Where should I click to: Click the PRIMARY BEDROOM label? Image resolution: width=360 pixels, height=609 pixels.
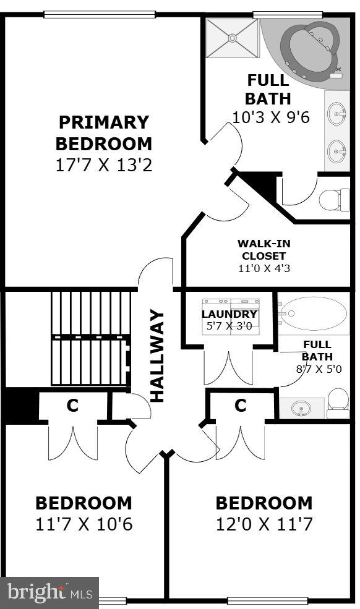(103, 133)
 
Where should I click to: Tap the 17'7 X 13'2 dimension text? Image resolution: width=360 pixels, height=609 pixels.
(103, 166)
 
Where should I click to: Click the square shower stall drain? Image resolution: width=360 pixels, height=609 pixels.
(232, 38)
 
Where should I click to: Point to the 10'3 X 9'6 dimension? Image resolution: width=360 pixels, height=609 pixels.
(270, 117)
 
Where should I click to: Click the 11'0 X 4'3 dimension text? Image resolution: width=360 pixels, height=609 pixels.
(264, 268)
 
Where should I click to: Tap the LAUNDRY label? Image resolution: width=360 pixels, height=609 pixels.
(229, 313)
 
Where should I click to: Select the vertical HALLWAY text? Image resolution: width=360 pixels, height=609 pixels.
(158, 356)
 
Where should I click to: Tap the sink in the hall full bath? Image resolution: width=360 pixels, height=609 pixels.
(301, 408)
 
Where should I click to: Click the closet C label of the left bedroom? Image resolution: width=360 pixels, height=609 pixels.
(72, 406)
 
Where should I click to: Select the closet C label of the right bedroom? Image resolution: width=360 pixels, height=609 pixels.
(240, 406)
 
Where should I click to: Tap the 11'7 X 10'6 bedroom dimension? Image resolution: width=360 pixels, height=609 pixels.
(84, 524)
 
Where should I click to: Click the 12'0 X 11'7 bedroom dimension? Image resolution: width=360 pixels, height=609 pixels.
(264, 524)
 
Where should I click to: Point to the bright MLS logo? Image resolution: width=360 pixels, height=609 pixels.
(49, 593)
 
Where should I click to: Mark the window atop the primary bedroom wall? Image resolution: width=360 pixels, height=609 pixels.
(100, 14)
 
